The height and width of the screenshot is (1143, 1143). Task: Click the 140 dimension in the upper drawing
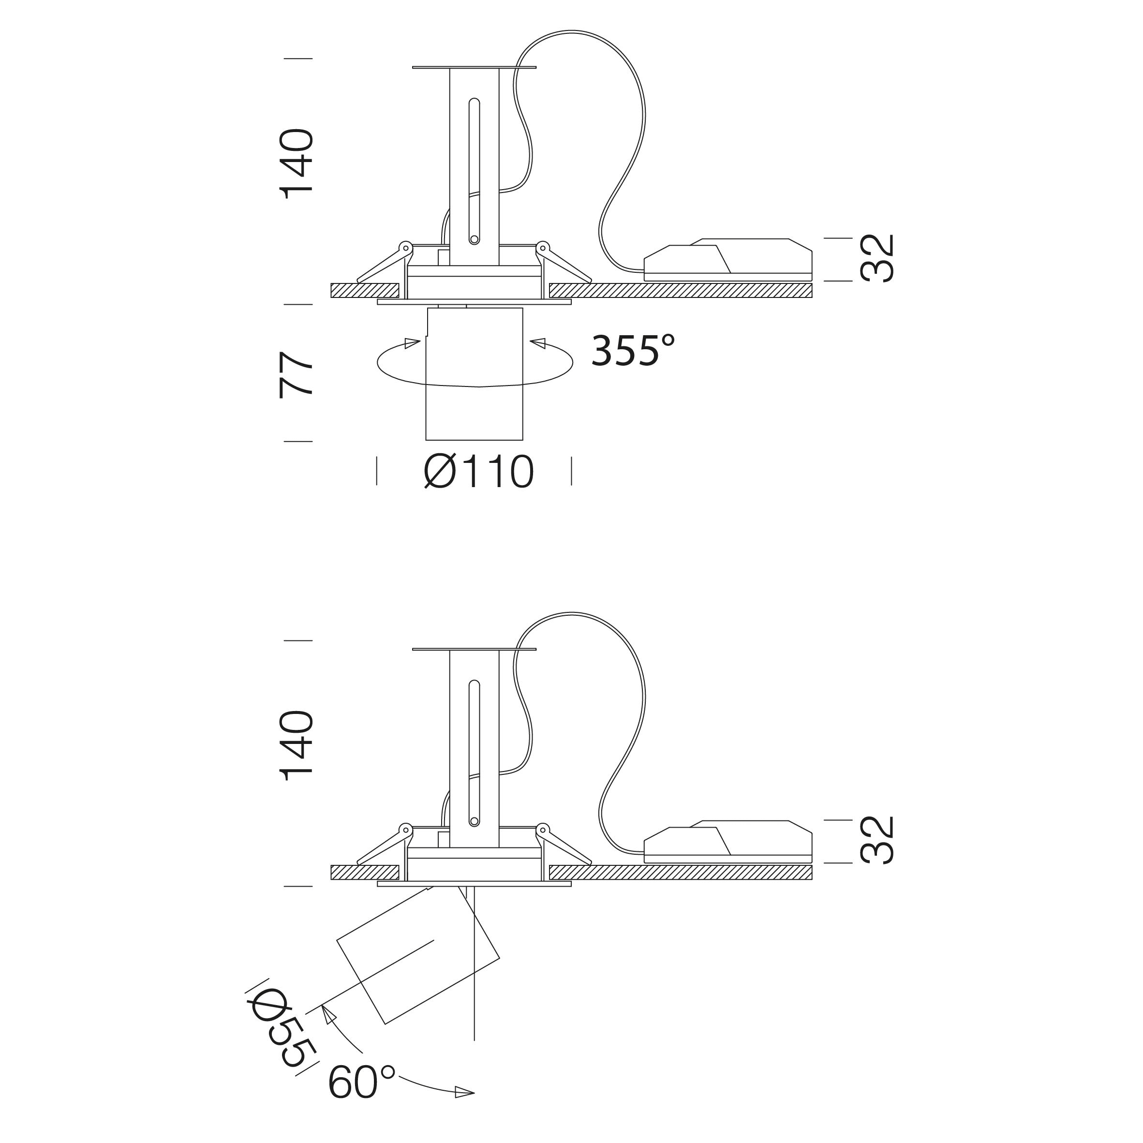pyautogui.click(x=297, y=164)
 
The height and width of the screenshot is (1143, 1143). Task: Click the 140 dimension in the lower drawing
pyautogui.click(x=297, y=746)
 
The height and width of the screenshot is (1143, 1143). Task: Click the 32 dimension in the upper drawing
pyautogui.click(x=877, y=258)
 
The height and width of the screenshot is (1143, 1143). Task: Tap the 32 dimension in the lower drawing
pyautogui.click(x=877, y=841)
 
